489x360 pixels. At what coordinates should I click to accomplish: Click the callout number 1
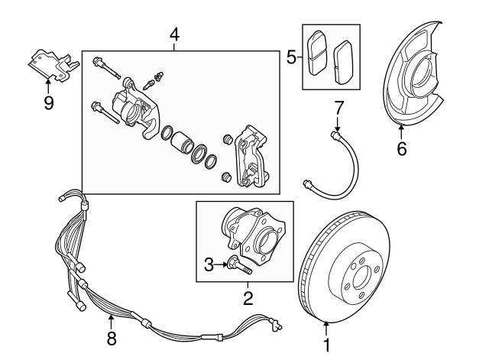point(327,346)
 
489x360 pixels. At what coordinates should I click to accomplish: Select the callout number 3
point(209,264)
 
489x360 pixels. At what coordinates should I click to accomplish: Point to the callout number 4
point(174,34)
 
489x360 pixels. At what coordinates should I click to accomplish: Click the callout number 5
point(290,57)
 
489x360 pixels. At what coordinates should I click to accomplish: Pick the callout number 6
point(402,149)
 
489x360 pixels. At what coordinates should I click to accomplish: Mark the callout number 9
point(49,102)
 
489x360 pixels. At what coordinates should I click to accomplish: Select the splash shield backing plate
point(417,76)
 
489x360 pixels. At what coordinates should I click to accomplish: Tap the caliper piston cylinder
point(183,143)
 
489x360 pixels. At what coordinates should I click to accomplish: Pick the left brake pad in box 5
point(316,54)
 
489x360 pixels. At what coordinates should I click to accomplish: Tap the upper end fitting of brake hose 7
point(333,135)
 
